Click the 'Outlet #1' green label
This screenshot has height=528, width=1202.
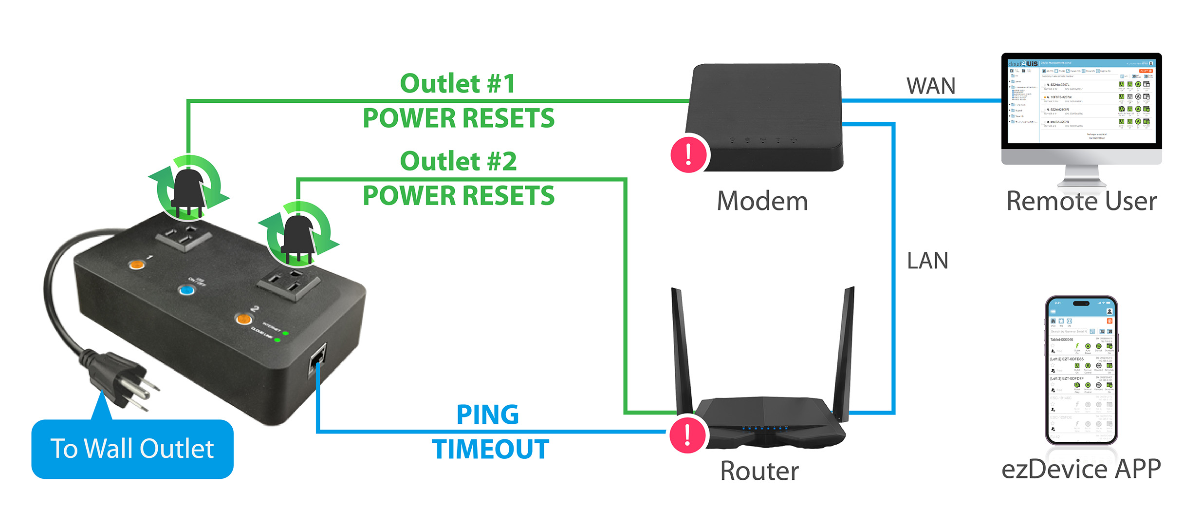[457, 84]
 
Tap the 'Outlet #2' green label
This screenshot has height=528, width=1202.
[458, 161]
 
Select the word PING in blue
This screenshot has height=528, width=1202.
[487, 415]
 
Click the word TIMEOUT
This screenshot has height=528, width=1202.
[490, 449]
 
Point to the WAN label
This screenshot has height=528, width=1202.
[931, 86]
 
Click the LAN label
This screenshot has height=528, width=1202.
[927, 261]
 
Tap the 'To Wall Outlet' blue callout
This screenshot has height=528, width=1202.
[132, 449]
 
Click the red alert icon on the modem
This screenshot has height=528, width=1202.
[688, 154]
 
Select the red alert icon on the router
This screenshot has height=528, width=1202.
[687, 434]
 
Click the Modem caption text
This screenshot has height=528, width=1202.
[762, 201]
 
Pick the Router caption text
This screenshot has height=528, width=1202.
[759, 471]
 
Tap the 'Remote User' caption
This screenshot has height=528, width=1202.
[1081, 201]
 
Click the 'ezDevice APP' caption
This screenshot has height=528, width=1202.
[1081, 469]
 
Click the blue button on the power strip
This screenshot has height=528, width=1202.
[186, 291]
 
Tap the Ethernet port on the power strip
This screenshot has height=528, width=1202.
[317, 360]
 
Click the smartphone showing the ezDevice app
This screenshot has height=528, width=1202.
[1081, 370]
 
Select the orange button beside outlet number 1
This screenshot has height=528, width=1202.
[136, 264]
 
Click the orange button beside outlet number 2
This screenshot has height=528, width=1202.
[243, 319]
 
